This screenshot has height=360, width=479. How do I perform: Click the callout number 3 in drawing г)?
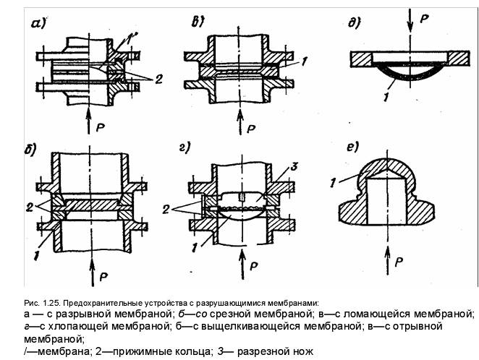click(x=294, y=166)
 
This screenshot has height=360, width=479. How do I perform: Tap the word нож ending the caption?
click(x=302, y=351)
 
